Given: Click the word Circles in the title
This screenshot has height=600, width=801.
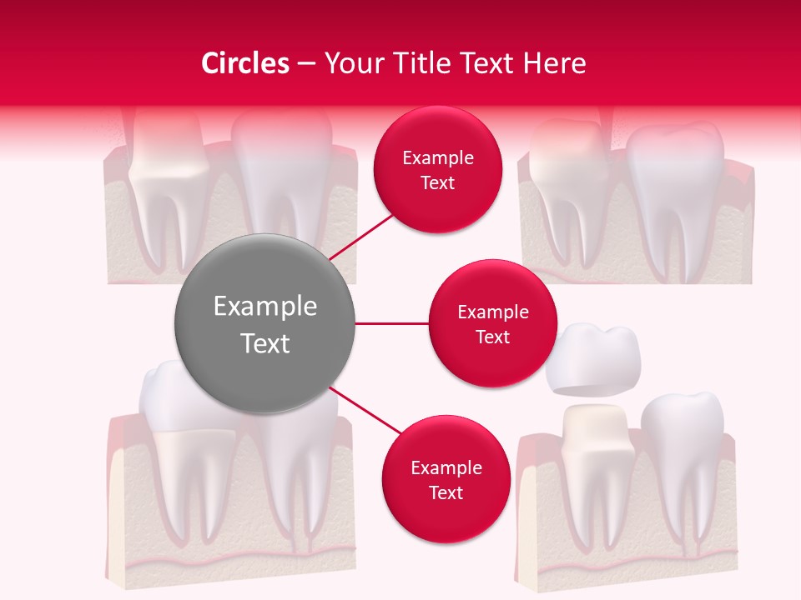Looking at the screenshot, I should click(244, 63).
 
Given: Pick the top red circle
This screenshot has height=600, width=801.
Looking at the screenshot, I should click(437, 170).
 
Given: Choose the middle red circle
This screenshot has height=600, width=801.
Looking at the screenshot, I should click(492, 323).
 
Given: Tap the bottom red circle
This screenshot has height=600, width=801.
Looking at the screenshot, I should click(446, 480).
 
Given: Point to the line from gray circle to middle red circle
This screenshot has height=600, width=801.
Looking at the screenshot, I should click(391, 323).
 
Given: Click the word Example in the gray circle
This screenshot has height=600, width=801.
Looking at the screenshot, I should click(264, 307).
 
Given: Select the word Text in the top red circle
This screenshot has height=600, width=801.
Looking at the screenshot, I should click(437, 182).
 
